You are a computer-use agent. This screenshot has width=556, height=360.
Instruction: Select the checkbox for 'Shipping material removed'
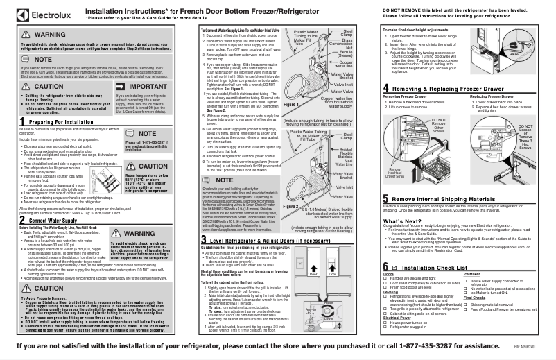click(464, 304)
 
